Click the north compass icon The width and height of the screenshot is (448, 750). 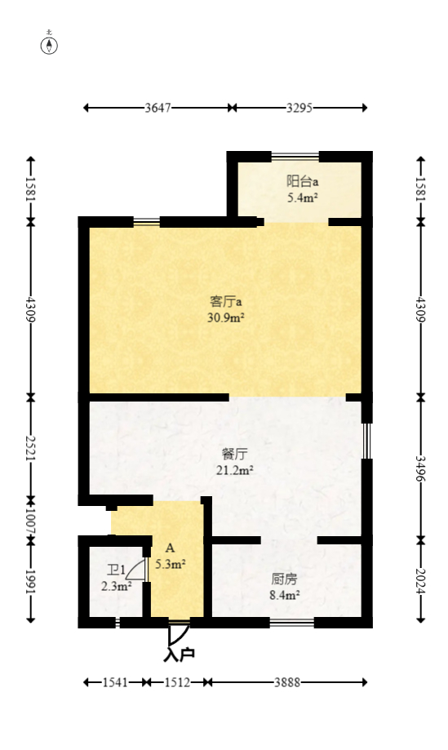[x=50, y=44]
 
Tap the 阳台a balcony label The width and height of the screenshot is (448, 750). [x=301, y=181]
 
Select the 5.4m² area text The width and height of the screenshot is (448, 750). [x=301, y=197]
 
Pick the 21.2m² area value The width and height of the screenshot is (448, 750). [x=235, y=470]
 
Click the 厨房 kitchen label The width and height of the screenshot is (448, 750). [x=284, y=579]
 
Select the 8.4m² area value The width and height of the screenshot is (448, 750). [x=284, y=595]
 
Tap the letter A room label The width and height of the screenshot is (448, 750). [x=170, y=548]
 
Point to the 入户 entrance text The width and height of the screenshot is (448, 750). [x=179, y=654]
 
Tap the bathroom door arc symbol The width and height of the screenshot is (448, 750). [x=138, y=571]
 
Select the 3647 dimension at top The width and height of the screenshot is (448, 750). [x=157, y=108]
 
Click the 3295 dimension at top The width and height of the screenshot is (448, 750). [x=299, y=108]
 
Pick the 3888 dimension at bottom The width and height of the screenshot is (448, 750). [x=285, y=682]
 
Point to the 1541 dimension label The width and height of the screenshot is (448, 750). [x=115, y=682]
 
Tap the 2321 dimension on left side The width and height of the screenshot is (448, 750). [x=31, y=447]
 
